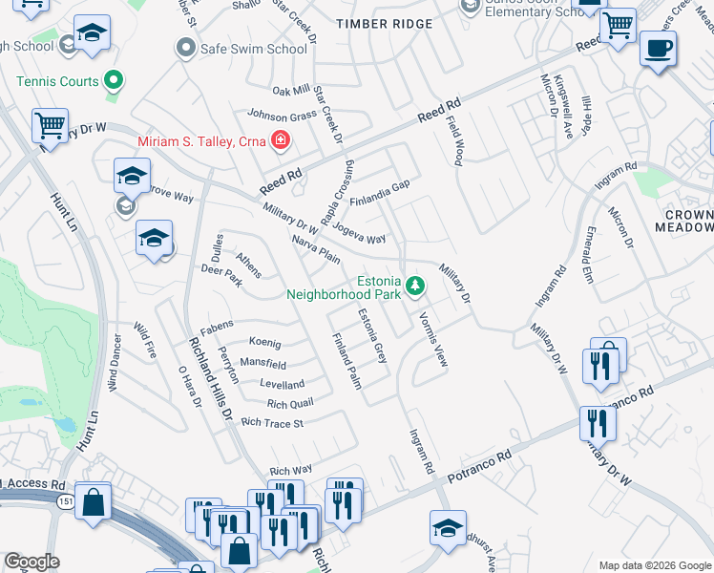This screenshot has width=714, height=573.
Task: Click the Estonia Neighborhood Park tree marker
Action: click(x=415, y=285)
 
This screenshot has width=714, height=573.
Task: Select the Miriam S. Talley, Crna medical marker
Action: click(x=281, y=141)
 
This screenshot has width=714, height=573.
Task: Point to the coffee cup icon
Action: click(x=657, y=50)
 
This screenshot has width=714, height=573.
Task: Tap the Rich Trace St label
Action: click(x=272, y=422)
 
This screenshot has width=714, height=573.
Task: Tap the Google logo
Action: click(x=31, y=562)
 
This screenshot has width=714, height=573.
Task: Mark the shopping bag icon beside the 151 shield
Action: click(x=94, y=501)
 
